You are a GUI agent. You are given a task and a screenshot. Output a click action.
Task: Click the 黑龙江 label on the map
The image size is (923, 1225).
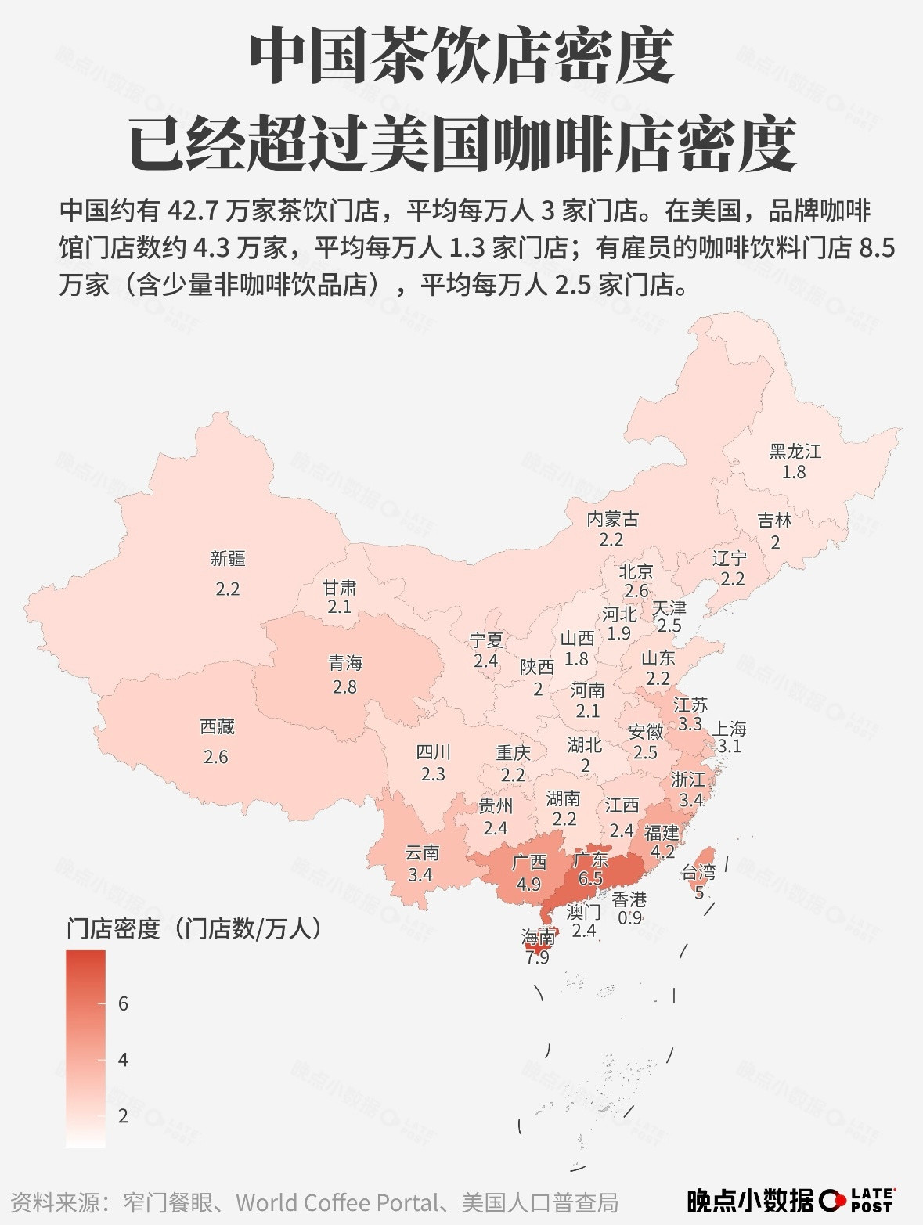(795, 452)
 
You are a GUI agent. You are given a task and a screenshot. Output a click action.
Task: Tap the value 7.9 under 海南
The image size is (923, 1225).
(537, 957)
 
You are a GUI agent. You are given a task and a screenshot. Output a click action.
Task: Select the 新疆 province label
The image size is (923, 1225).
(227, 559)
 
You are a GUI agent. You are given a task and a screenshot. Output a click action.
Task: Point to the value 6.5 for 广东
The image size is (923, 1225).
(589, 878)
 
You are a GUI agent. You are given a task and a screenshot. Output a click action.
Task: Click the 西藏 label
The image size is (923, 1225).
(217, 727)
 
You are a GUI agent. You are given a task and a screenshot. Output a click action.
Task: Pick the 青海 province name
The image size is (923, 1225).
(344, 664)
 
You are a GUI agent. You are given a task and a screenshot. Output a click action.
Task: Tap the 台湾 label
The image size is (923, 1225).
(698, 872)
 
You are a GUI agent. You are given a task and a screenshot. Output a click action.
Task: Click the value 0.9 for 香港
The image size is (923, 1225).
(629, 917)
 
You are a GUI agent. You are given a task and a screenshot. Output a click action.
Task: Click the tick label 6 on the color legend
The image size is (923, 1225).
(123, 1003)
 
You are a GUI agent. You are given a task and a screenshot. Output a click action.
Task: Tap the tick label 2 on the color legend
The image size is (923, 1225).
(123, 1116)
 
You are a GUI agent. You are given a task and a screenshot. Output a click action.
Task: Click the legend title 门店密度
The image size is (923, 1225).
(113, 929)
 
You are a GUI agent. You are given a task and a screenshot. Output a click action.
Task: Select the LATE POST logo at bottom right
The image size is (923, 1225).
(856, 1200)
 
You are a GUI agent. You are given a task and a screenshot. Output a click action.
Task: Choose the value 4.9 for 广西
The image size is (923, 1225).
(528, 884)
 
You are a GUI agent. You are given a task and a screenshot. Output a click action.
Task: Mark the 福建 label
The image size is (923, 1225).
(662, 832)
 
